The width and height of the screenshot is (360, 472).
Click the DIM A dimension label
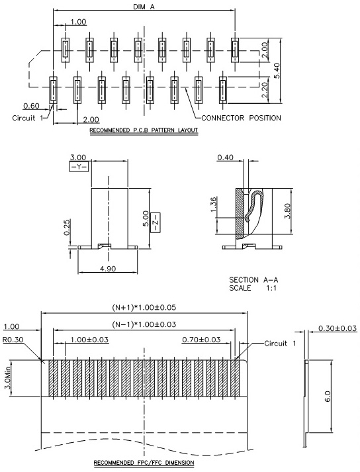[144, 6]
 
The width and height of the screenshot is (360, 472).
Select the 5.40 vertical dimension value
[277, 71]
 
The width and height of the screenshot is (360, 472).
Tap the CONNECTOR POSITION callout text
[241, 118]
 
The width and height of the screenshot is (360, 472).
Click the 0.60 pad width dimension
[31, 106]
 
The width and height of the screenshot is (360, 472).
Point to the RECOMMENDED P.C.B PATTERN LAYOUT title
[144, 130]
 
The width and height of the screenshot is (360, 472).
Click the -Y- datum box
[79, 167]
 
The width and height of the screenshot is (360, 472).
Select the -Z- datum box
[157, 222]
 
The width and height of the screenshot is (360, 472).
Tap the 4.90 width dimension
[108, 269]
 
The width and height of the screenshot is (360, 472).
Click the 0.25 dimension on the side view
[67, 227]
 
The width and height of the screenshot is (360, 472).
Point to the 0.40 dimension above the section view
[225, 157]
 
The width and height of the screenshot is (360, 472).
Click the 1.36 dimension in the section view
[213, 205]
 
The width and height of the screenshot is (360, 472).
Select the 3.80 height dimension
[287, 211]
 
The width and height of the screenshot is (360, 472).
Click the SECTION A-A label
[253, 280]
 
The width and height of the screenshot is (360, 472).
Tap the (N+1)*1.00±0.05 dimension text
[144, 307]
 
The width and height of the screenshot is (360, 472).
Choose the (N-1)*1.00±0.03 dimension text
[144, 324]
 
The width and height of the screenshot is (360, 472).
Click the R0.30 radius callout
[13, 340]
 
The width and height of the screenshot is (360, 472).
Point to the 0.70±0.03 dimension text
[201, 340]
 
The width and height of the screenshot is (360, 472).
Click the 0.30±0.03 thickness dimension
[337, 328]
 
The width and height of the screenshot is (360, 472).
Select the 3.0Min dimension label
[8, 378]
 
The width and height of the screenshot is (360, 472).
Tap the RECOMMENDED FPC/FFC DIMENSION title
[144, 462]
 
